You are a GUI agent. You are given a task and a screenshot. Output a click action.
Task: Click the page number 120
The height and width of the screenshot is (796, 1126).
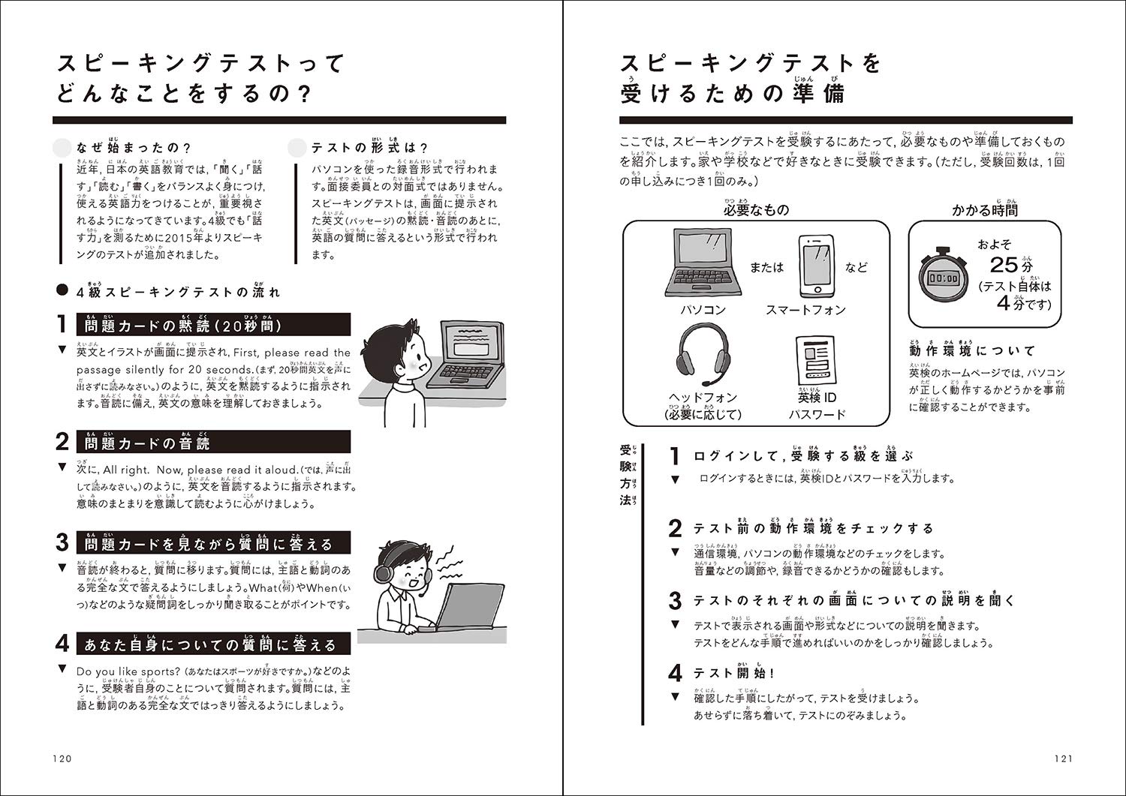[62, 758]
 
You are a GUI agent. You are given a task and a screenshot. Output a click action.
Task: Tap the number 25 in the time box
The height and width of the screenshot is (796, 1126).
[1004, 265]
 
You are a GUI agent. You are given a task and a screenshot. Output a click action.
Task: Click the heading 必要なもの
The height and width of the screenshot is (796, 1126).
[756, 210]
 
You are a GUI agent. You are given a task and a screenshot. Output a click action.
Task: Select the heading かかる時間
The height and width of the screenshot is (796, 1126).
[985, 210]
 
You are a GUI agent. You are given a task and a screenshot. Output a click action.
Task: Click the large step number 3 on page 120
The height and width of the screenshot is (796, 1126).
[63, 543]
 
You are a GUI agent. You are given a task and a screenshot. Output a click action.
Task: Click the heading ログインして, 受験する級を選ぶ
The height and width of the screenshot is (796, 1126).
[803, 456]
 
